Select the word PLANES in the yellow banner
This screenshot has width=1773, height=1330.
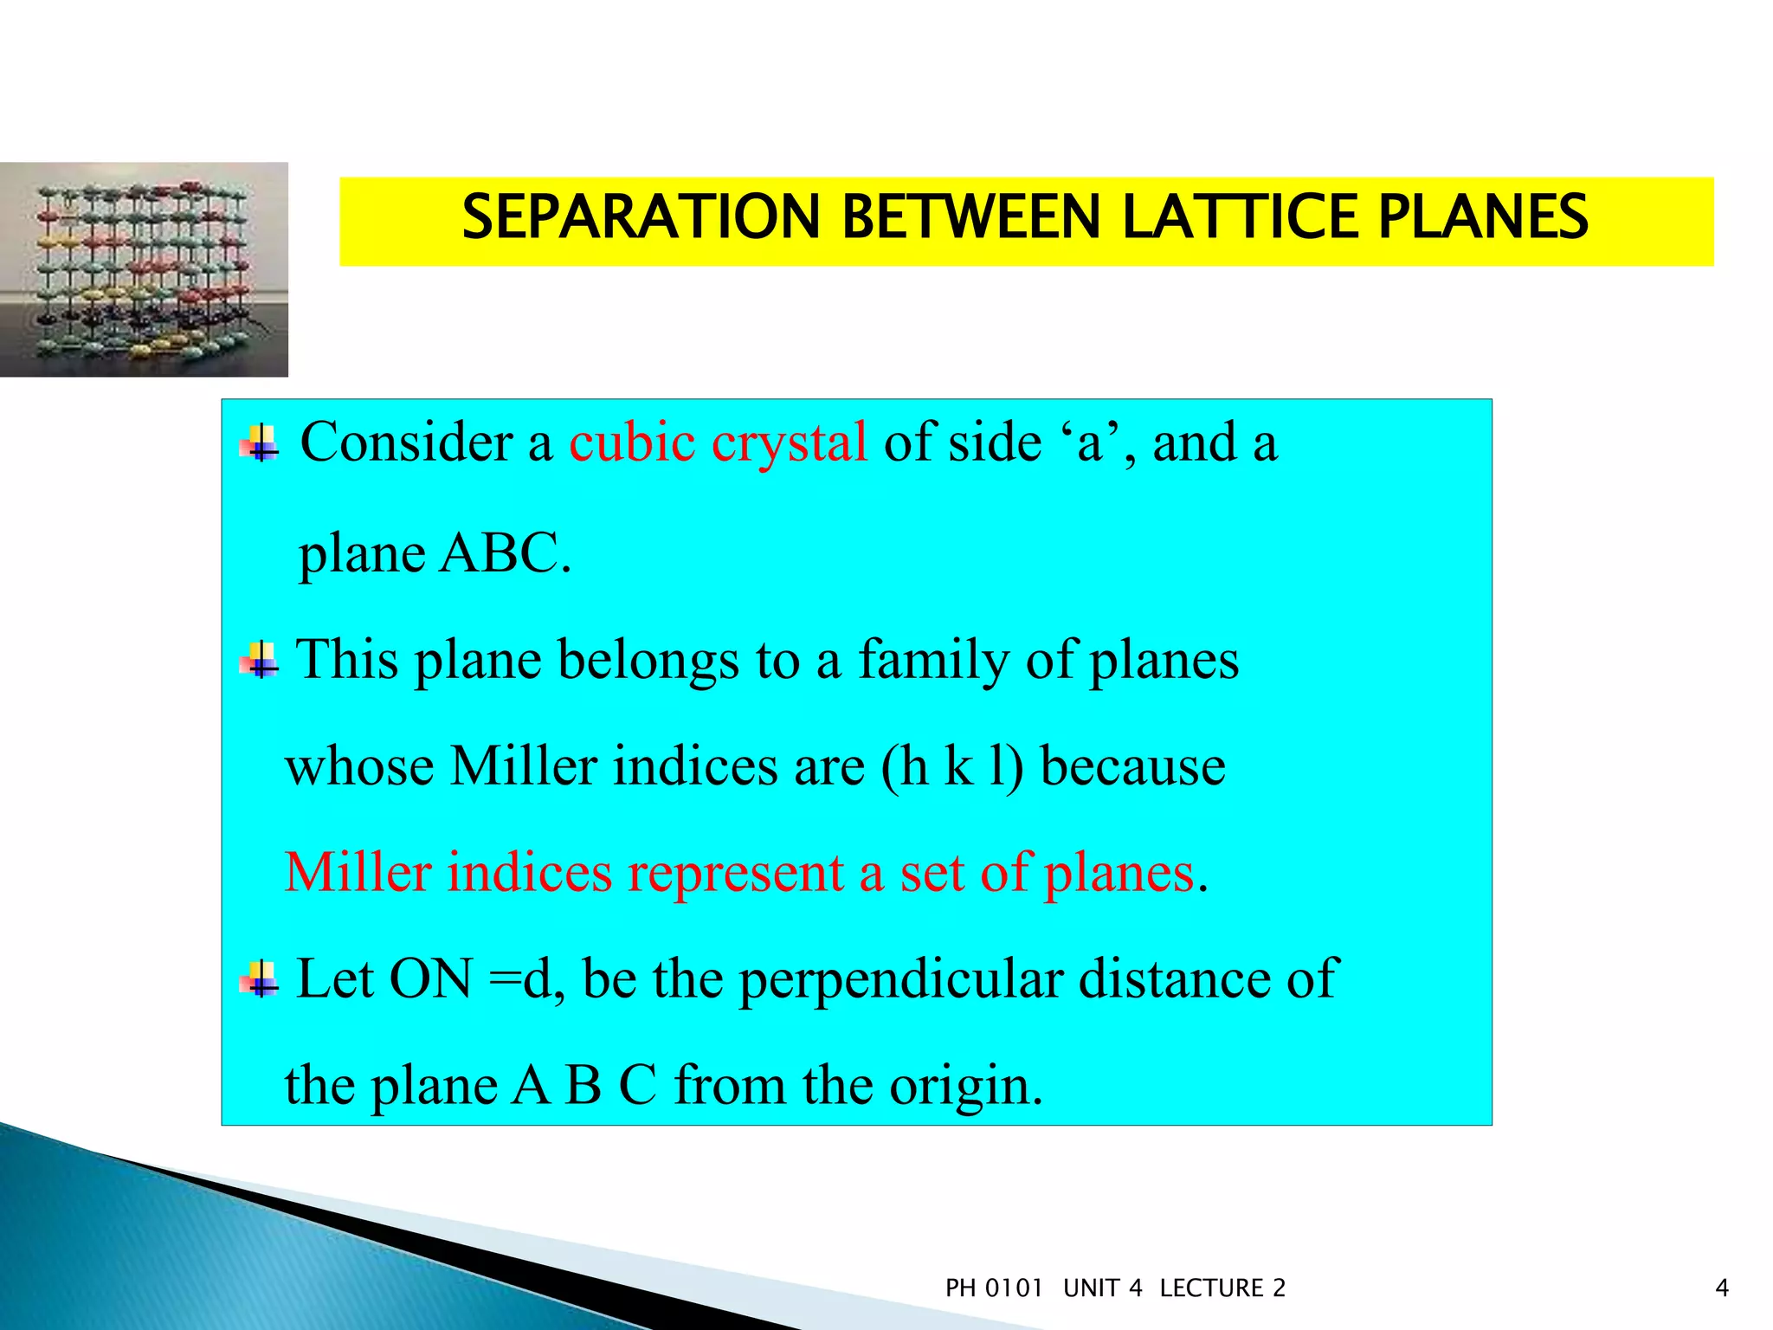(x=1482, y=216)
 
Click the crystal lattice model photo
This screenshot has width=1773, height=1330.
(x=144, y=269)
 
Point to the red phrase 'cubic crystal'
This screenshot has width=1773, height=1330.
(x=718, y=442)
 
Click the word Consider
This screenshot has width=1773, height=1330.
(x=407, y=442)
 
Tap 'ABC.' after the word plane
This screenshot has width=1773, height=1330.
(x=506, y=553)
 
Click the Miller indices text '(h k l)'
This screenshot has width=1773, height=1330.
(x=951, y=767)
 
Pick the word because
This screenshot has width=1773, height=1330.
(x=1132, y=767)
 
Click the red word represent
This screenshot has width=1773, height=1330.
(x=735, y=873)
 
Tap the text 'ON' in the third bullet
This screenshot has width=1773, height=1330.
(x=430, y=979)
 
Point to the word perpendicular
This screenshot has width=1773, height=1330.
(x=900, y=979)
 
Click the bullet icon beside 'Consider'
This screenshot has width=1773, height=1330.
(x=260, y=444)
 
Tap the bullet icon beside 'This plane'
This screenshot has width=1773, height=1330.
(x=260, y=662)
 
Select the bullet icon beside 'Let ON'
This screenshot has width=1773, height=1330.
(x=260, y=981)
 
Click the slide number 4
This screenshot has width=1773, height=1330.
(x=1722, y=1288)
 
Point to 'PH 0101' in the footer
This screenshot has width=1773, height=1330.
(x=994, y=1288)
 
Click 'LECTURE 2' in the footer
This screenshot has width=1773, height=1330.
(x=1222, y=1288)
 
